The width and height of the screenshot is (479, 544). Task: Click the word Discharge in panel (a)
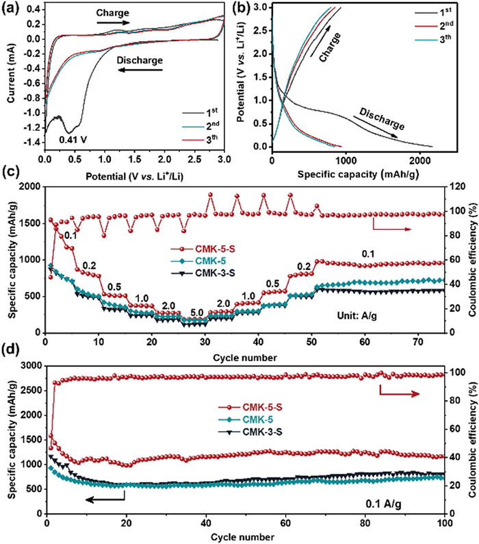140,60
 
